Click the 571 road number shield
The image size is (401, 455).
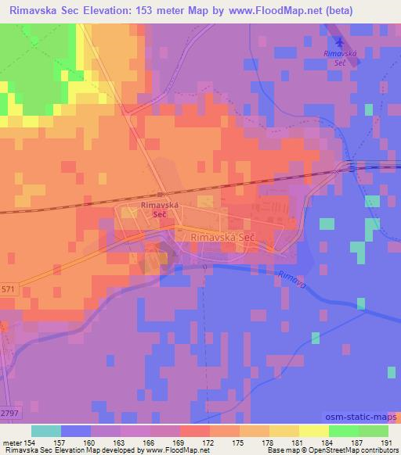(x=7, y=288)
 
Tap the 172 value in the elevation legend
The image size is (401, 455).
(x=209, y=443)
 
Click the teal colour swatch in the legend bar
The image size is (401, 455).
(x=46, y=431)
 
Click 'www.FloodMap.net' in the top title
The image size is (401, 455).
(x=261, y=11)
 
